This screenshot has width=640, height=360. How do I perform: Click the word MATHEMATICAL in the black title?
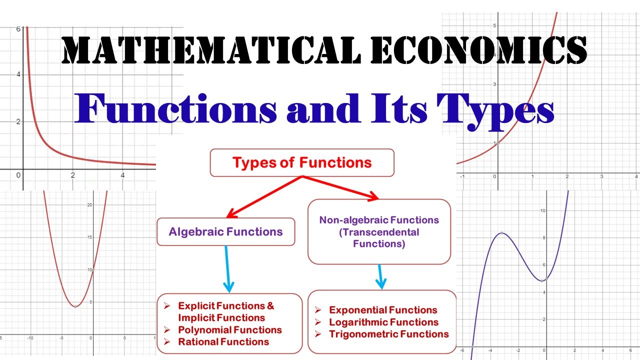tap(211, 50)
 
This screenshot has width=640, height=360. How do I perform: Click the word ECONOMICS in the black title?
tap(479, 50)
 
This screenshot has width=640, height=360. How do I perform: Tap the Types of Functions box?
tap(302, 162)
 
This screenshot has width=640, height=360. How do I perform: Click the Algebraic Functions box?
tap(225, 231)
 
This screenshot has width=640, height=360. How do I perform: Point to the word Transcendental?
tap(379, 232)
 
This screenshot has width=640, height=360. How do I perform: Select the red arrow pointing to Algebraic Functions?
tap(264, 197)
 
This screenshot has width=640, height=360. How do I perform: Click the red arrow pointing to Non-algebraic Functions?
tap(340, 187)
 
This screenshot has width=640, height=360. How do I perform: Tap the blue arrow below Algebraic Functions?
tap(227, 269)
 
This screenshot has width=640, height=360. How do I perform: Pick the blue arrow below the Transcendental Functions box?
tap(381, 276)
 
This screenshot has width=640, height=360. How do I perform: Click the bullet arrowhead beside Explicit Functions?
tap(167, 306)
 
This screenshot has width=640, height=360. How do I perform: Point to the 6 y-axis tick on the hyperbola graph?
tap(18, 29)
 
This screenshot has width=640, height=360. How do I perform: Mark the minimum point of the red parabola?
tap(75, 307)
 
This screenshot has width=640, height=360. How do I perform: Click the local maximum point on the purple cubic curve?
tap(501, 233)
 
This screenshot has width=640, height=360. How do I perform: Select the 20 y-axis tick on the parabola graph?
tap(89, 205)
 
